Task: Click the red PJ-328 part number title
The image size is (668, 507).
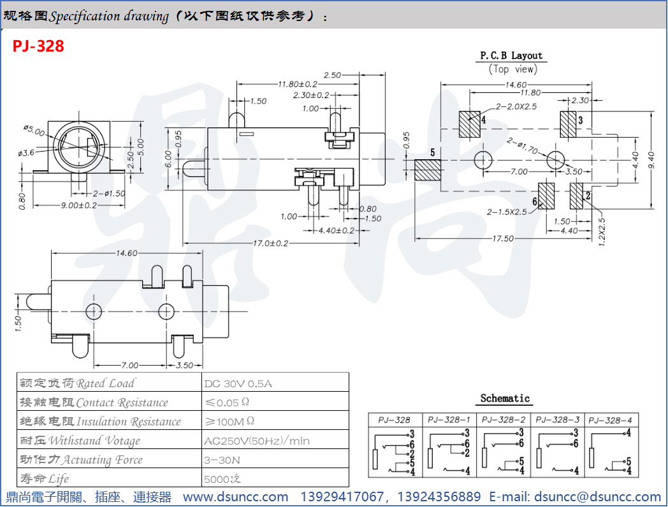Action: (x=38, y=46)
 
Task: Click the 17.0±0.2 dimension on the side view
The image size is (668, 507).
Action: (x=270, y=243)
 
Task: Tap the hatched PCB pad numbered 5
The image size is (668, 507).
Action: (x=428, y=170)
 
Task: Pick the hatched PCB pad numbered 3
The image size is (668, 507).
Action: (x=567, y=123)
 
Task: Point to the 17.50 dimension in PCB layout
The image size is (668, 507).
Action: (x=503, y=238)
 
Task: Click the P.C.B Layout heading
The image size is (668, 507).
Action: (x=511, y=56)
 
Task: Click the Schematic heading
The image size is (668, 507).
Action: (x=505, y=399)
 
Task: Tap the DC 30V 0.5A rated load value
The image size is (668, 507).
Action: (x=238, y=383)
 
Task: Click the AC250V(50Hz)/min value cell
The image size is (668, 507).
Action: (x=257, y=441)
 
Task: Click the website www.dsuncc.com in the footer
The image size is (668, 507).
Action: (x=235, y=497)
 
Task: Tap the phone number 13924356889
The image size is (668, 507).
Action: (x=443, y=497)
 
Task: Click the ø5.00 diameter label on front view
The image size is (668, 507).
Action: (x=34, y=131)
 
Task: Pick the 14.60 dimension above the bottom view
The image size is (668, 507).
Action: (x=126, y=253)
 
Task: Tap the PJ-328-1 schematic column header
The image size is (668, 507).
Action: (x=449, y=420)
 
